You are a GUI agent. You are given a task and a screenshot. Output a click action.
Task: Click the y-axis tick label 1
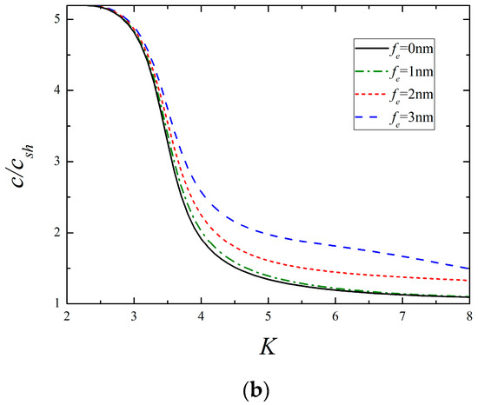(56, 303)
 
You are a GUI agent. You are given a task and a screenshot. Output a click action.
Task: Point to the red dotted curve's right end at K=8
(469, 280)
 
